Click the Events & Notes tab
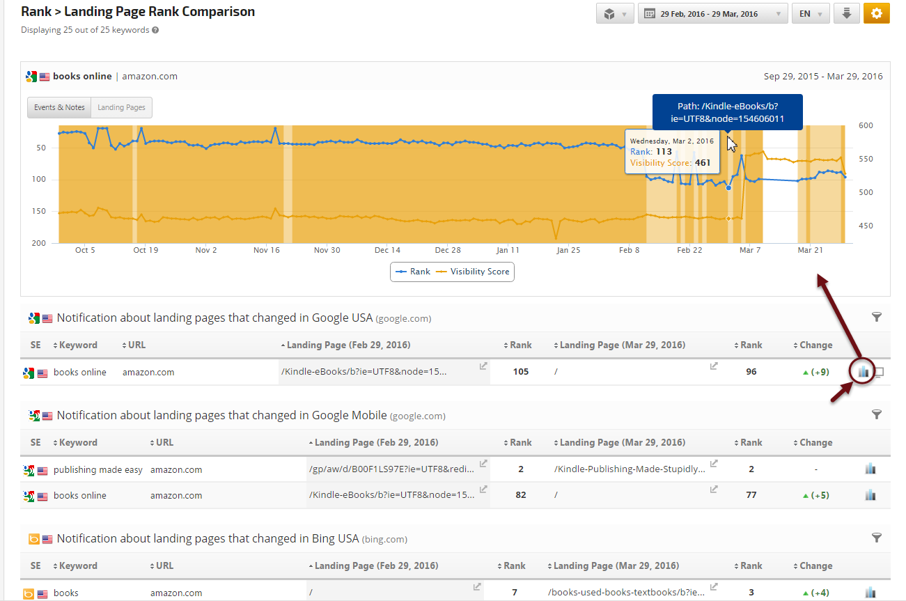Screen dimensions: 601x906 tap(59, 107)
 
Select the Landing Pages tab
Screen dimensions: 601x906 tap(121, 107)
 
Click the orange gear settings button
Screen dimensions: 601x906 tap(876, 14)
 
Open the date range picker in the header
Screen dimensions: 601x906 tap(712, 14)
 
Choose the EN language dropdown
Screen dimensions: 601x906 tap(811, 14)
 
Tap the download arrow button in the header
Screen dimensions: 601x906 tap(846, 14)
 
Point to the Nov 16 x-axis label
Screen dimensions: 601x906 tap(266, 250)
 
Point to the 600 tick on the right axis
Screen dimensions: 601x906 tap(866, 125)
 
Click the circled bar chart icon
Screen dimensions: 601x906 tap(864, 372)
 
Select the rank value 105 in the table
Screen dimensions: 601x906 tap(520, 372)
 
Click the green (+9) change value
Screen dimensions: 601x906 tap(815, 372)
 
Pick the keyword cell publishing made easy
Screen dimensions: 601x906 tap(97, 470)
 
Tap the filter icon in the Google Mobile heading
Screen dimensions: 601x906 tap(877, 414)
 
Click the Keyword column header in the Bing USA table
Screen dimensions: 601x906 tap(78, 566)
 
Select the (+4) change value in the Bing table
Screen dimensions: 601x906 tap(815, 593)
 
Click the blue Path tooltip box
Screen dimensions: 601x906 tap(727, 113)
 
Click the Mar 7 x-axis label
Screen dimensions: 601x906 tap(750, 250)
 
